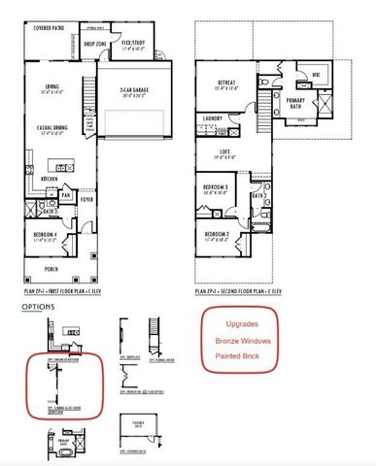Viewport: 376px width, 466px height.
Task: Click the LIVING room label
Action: tap(61, 87)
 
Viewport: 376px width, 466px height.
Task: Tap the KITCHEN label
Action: tap(51, 179)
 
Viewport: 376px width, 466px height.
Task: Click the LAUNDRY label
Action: tap(214, 119)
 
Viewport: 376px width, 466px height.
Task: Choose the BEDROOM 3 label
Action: tap(217, 188)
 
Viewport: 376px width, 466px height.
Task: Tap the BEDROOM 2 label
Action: tap(218, 234)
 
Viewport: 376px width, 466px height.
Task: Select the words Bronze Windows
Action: tap(243, 341)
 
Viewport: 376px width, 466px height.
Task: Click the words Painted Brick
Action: tap(239, 358)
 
